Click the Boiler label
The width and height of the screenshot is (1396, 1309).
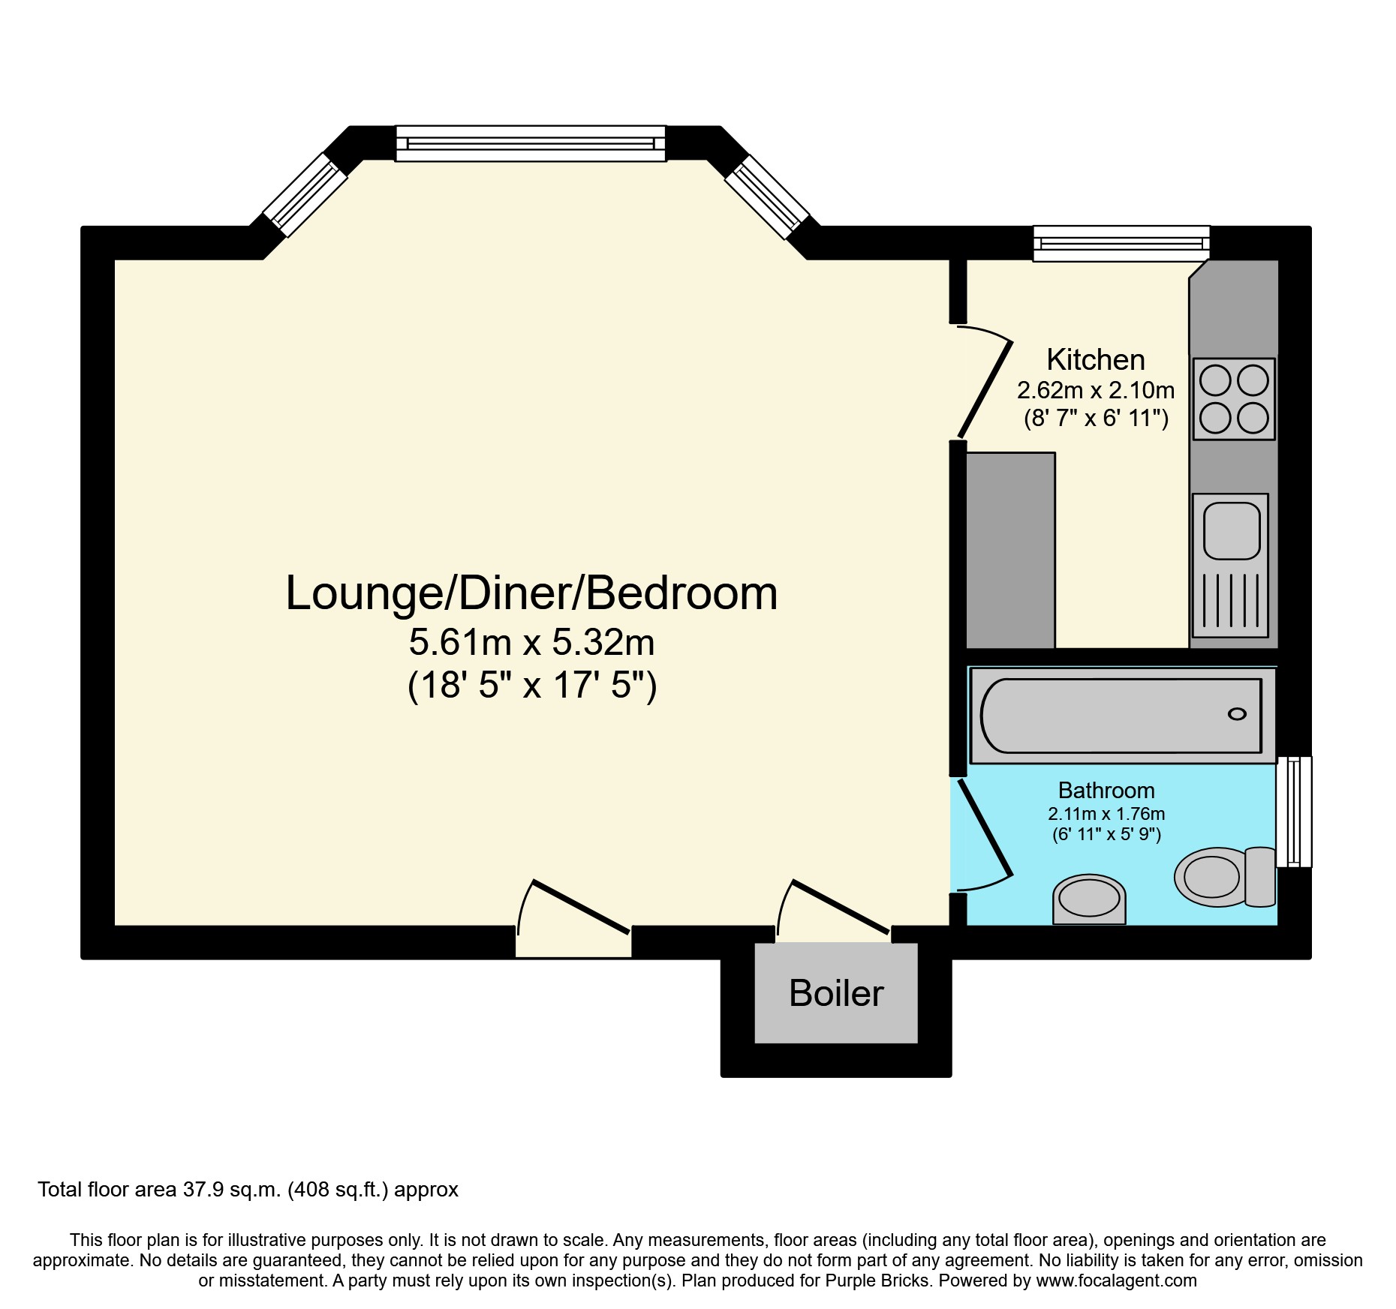(836, 993)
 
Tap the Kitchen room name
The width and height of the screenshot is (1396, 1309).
(1095, 360)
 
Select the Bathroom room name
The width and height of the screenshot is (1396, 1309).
(1106, 791)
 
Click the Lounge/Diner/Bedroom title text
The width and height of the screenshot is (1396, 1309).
(531, 593)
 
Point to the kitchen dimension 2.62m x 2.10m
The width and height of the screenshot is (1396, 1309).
(1095, 390)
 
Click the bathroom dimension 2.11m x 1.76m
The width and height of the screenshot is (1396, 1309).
(1106, 814)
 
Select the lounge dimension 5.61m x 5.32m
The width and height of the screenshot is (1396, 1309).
(531, 643)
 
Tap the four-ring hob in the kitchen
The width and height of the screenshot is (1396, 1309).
(1234, 399)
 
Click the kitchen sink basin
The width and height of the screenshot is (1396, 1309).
(1231, 530)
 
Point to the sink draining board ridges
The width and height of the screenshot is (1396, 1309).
(1231, 600)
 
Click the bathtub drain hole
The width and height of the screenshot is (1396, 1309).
(1237, 714)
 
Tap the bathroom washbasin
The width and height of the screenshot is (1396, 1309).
(1089, 899)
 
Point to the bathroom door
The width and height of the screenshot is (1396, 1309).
(985, 833)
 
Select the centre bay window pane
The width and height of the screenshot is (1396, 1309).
(531, 143)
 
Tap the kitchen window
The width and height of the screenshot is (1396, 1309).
(1121, 244)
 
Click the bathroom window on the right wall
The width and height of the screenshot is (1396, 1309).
(1295, 812)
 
